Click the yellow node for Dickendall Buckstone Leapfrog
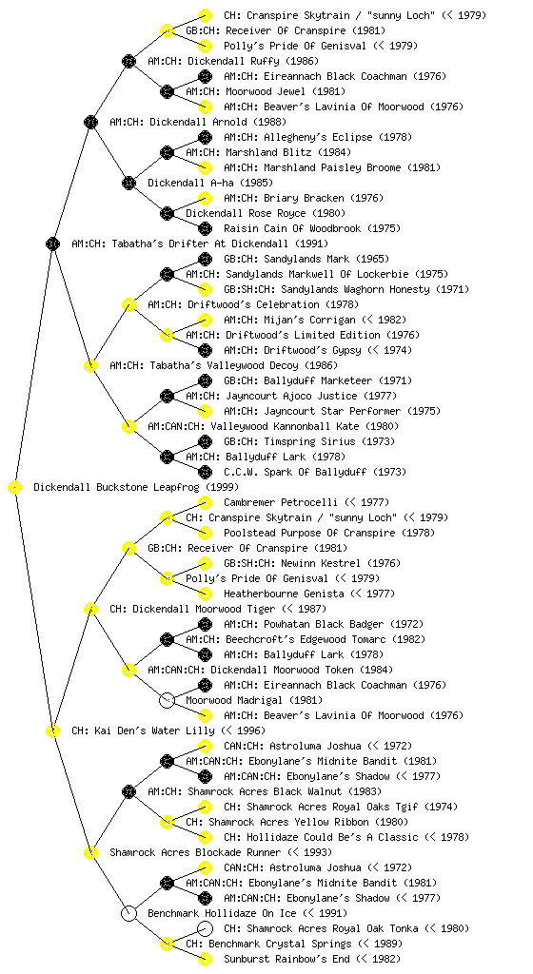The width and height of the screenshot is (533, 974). [x=15, y=488]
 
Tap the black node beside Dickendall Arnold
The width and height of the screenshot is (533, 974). [x=90, y=123]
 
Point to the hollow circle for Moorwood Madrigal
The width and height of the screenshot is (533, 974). [x=167, y=701]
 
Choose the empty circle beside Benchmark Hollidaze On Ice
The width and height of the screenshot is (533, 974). [x=128, y=914]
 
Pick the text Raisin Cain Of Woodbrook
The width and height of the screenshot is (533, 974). [x=284, y=228]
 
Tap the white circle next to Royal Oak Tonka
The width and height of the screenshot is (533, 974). [x=205, y=928]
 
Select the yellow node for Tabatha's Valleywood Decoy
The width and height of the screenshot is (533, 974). [x=90, y=366]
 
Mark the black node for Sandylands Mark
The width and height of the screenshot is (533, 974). [x=205, y=259]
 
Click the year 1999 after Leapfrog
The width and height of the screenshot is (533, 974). [x=222, y=488]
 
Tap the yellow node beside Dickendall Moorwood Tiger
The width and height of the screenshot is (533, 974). [x=90, y=610]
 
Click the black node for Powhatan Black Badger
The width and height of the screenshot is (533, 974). [x=205, y=624]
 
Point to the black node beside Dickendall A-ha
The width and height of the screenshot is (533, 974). [x=128, y=184]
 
